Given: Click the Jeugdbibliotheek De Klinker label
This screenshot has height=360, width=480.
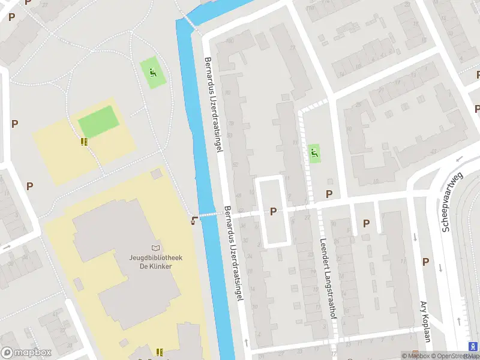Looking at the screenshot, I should click(156, 262).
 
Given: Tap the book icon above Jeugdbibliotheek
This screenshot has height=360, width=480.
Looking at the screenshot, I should click(156, 248).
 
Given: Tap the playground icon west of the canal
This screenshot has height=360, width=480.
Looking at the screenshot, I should click(152, 73).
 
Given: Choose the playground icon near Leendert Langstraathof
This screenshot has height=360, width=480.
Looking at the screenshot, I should click(313, 154).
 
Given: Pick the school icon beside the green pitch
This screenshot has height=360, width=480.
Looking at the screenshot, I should click(84, 142).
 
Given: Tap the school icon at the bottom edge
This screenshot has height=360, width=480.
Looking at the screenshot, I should click(160, 352).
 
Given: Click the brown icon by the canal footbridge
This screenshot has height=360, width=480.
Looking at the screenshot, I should click(193, 220).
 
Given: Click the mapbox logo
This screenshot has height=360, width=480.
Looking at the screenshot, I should click(26, 353).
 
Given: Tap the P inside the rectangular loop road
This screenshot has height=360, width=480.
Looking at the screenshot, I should click(274, 211).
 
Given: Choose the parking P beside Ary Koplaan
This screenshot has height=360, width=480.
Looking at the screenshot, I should click(425, 262).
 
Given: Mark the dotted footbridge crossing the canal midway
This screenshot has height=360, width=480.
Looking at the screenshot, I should click(208, 215).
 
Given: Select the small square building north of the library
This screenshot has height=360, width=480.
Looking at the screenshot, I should click(156, 174).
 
